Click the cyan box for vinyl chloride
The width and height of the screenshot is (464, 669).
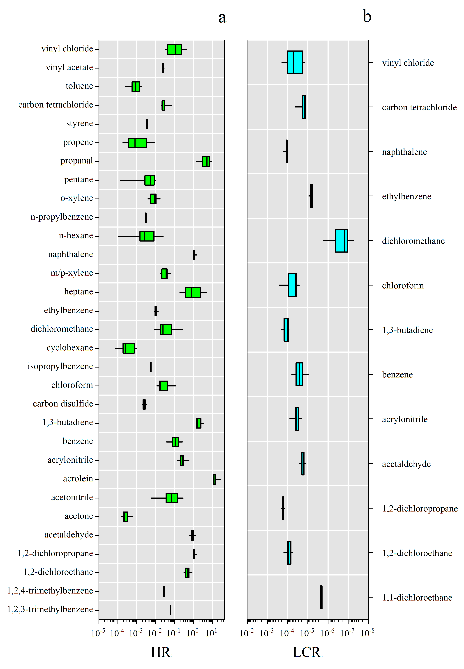pos(295,62)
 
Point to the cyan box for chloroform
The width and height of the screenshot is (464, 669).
pos(292,285)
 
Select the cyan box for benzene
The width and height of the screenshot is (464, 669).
pos(299,374)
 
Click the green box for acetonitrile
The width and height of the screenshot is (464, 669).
pos(171,498)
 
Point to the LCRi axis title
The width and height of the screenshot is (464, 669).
pos(308,652)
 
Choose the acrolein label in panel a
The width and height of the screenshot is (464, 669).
pos(78,479)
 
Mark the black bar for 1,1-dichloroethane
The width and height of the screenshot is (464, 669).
pos(321,597)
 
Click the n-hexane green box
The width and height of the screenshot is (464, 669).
pos(147,236)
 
